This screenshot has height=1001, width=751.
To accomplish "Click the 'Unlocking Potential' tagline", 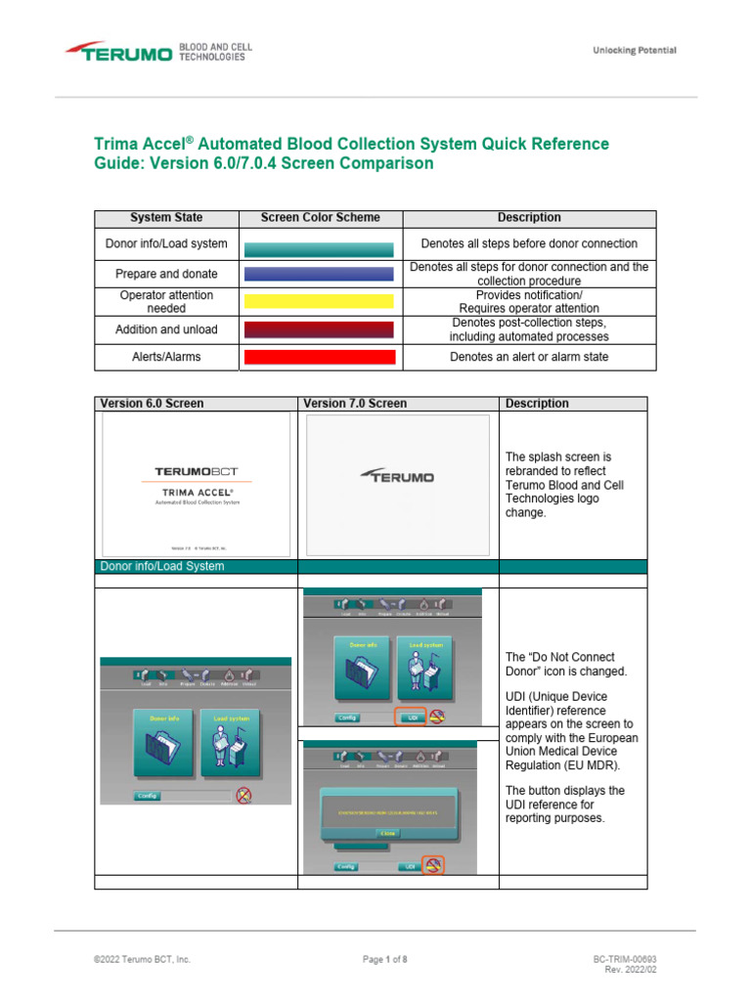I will tap(634, 51).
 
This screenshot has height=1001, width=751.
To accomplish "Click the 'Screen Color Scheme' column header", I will tap(320, 218).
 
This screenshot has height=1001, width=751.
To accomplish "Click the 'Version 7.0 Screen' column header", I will tap(355, 404).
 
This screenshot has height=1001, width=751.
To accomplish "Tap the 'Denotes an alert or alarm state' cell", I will tap(529, 357).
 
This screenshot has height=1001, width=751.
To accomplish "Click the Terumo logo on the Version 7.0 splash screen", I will tap(397, 477).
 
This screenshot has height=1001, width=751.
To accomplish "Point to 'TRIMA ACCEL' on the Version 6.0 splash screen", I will tap(197, 492).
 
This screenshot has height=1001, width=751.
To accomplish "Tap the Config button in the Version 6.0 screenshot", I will tap(148, 796).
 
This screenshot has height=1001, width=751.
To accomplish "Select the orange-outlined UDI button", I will tap(409, 717).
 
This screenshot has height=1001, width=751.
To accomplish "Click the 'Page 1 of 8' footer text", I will tap(384, 960).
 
